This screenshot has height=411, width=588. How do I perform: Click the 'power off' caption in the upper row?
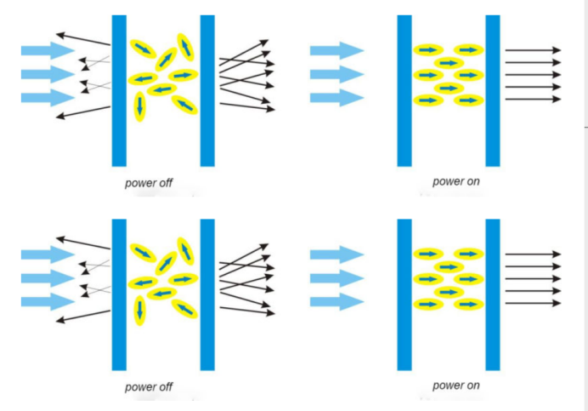pos(149,182)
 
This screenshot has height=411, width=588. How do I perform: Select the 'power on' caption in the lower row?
pos(456,385)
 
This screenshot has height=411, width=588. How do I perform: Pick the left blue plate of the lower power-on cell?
pos(404,294)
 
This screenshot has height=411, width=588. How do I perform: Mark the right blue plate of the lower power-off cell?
pos(207,294)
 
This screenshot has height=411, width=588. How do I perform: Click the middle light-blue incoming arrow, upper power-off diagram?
pos(48,74)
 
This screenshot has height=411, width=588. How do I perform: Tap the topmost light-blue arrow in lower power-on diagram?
pos(336,254)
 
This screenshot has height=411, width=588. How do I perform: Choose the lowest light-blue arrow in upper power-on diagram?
pos(336,97)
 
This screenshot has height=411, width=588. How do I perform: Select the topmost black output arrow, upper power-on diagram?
pos(533,50)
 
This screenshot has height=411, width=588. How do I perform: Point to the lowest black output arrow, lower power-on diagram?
pos(533,304)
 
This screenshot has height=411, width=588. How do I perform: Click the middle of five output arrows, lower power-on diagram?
pos(533,278)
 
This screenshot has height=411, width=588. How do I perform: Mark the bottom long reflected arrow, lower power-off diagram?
pos(83,315)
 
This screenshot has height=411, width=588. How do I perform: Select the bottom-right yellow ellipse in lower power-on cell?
pos(467,304)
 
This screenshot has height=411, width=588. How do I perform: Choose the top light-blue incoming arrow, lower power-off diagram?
pos(48,254)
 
